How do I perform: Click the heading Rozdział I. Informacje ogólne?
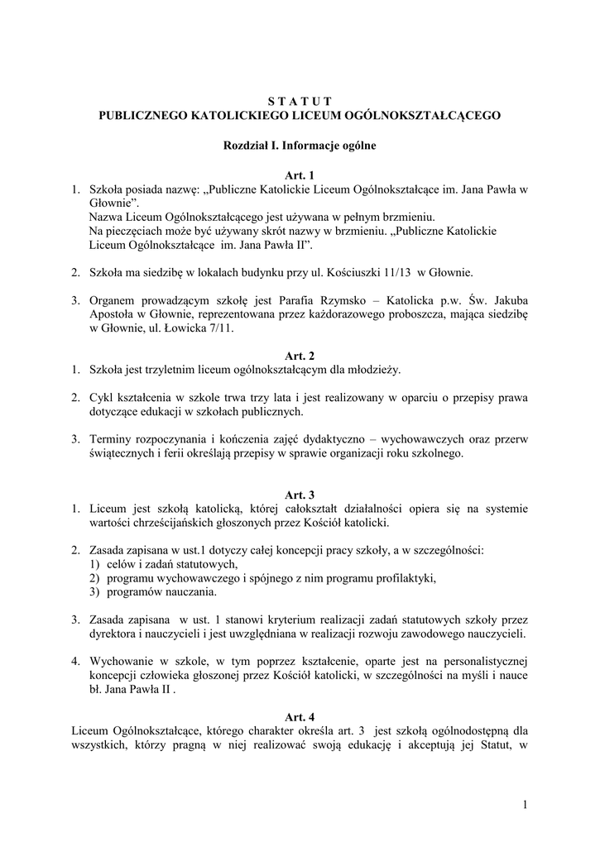[300, 146]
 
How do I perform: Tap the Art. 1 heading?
[300, 176]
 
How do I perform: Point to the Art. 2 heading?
[300, 355]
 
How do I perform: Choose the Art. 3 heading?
[300, 495]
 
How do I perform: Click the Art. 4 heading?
[300, 716]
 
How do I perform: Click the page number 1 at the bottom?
[524, 804]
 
